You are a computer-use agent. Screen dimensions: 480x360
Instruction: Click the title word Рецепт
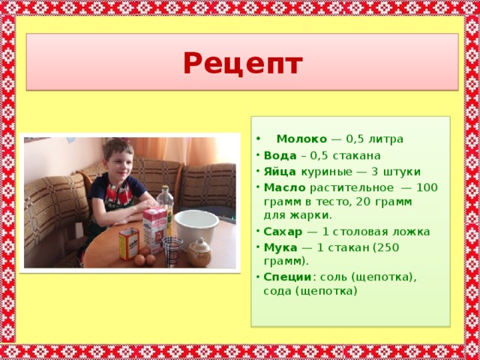click(x=243, y=64)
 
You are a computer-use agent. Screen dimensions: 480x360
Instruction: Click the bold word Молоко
click(x=301, y=139)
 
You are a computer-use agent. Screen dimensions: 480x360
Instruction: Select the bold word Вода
click(x=280, y=155)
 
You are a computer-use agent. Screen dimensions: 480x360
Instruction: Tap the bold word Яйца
click(x=280, y=172)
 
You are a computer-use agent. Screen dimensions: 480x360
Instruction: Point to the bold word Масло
click(x=285, y=187)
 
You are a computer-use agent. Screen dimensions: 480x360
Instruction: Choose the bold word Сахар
click(x=283, y=232)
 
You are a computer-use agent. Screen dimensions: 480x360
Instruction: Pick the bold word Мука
click(x=280, y=247)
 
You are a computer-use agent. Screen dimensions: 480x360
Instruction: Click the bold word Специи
click(x=287, y=277)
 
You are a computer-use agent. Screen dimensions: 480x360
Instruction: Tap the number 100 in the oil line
click(x=427, y=187)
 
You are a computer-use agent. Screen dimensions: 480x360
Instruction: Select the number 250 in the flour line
click(x=388, y=247)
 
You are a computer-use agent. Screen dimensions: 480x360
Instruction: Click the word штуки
click(x=402, y=172)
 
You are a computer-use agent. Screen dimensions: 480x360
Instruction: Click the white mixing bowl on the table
click(x=196, y=229)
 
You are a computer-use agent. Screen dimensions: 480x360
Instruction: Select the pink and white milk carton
click(x=155, y=229)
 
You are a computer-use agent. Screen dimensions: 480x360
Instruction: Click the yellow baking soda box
click(x=129, y=244)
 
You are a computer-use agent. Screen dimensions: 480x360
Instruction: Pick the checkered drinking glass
click(x=172, y=252)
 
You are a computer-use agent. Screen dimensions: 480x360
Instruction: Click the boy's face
click(x=119, y=162)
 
